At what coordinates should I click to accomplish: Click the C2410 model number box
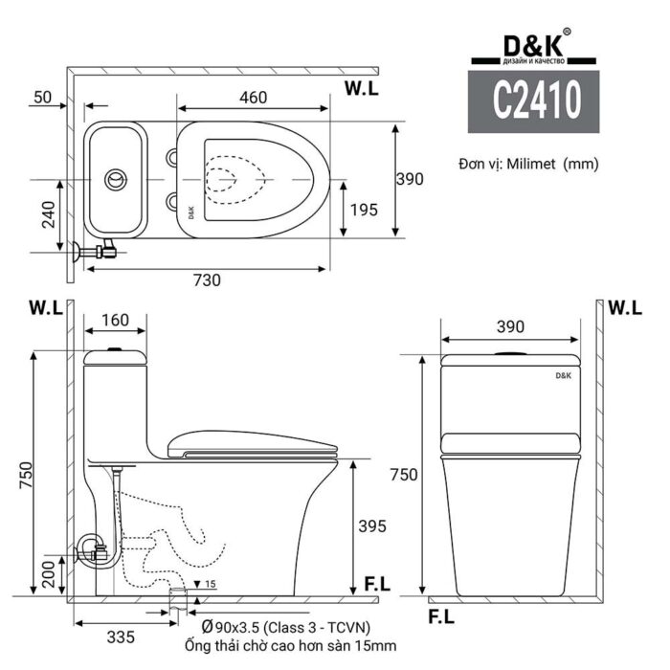534,101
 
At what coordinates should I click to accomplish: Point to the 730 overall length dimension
207,280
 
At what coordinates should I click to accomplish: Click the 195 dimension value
365,210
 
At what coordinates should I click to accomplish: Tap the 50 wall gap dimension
42,98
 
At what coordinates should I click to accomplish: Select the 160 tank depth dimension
115,319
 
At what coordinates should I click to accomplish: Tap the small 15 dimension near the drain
210,585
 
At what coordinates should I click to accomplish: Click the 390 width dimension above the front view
510,326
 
